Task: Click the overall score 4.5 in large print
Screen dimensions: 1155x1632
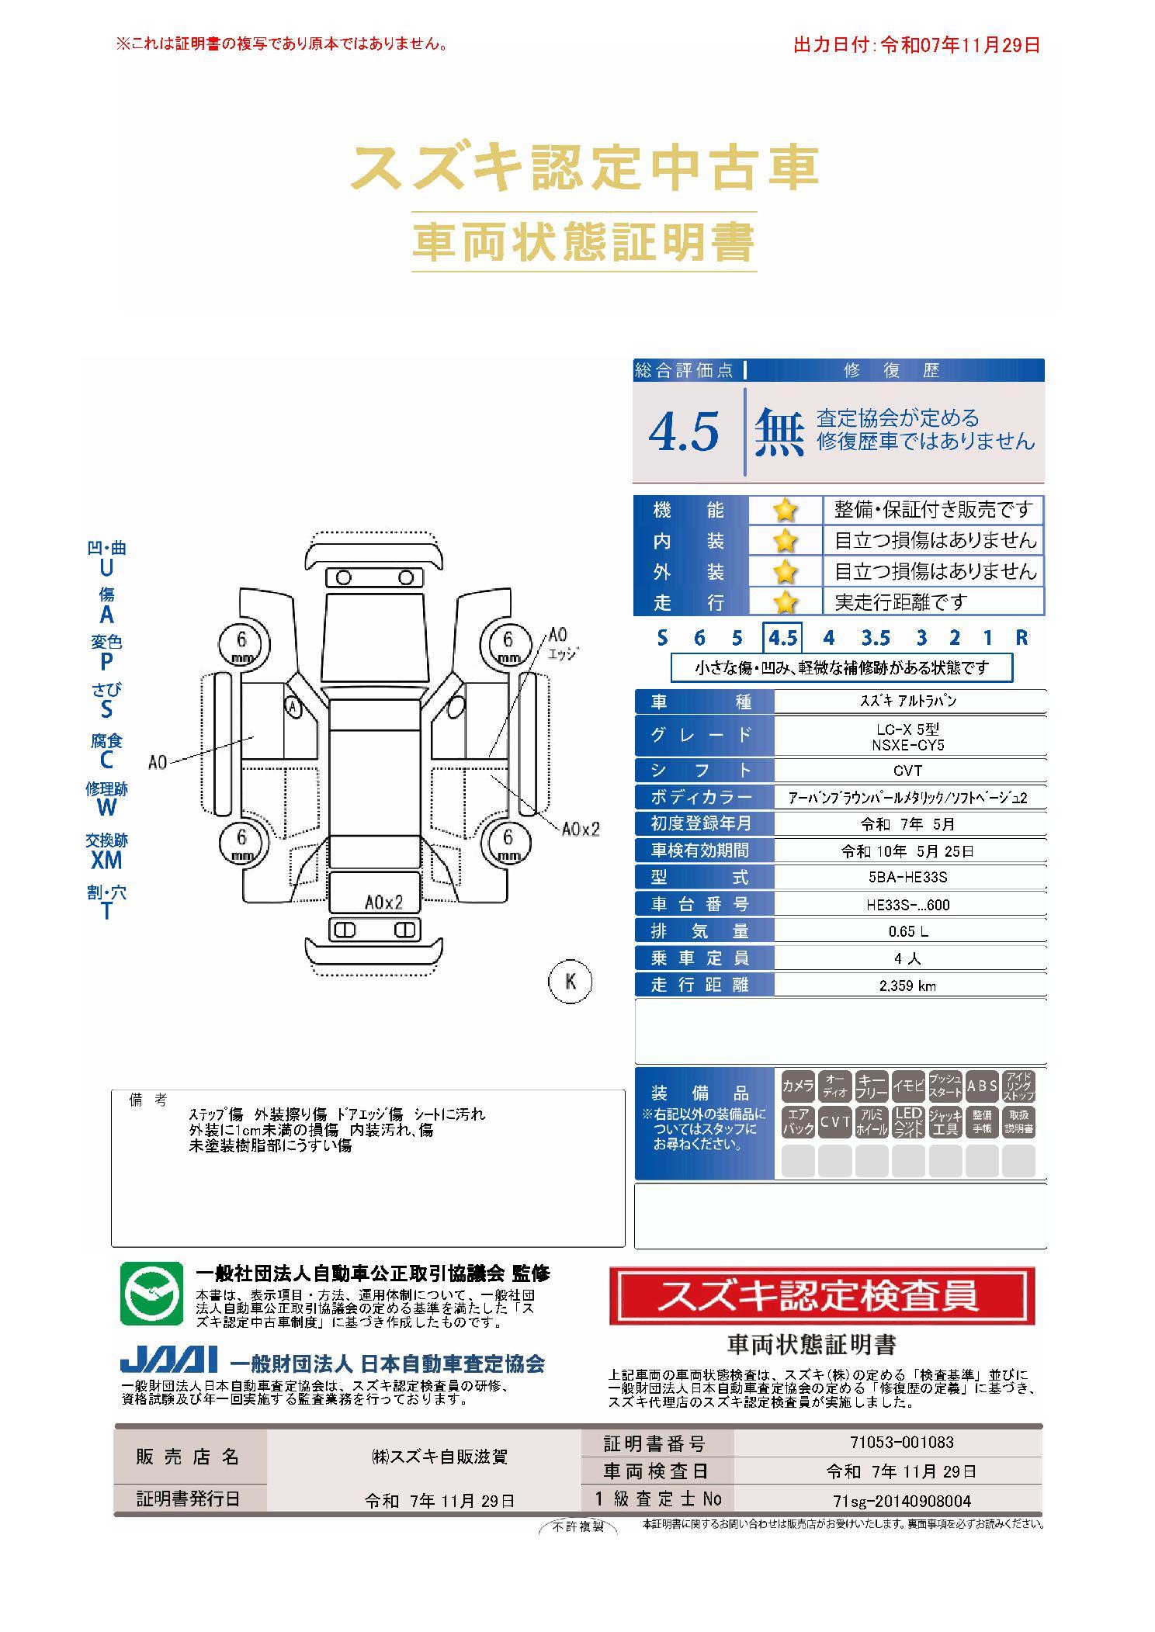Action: (x=684, y=431)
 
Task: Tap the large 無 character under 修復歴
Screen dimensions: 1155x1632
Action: (x=779, y=431)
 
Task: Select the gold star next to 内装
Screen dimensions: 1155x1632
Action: (x=786, y=541)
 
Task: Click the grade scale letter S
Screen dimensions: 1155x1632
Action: (x=662, y=638)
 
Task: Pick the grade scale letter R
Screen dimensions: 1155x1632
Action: (x=1021, y=638)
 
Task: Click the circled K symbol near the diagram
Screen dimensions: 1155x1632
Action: (x=571, y=982)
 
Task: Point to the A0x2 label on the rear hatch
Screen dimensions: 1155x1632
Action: (x=384, y=903)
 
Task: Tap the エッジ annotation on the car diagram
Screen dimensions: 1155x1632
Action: (x=564, y=653)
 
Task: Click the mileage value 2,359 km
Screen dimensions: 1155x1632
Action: (x=908, y=986)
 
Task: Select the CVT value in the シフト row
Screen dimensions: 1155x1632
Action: (x=908, y=771)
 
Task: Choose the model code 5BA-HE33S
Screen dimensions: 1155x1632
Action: (x=908, y=878)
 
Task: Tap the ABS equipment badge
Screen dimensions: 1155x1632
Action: (x=982, y=1086)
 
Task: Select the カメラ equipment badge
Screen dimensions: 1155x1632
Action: (x=797, y=1086)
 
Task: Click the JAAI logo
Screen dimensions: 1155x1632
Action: (x=168, y=1360)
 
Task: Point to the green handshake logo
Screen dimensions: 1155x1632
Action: (x=151, y=1294)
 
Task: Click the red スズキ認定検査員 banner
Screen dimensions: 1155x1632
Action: (x=822, y=1296)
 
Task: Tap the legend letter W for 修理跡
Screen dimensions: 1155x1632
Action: (x=106, y=807)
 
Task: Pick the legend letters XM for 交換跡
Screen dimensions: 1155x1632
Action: (x=106, y=860)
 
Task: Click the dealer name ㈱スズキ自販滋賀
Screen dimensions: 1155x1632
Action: (x=439, y=1457)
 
